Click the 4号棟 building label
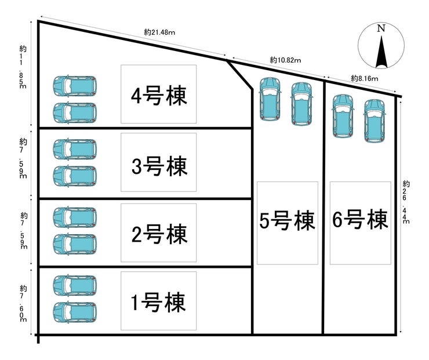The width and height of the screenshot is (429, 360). click(158, 95)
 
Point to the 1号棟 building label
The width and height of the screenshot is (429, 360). click(158, 303)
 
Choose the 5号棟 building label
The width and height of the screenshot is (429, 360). click(287, 221)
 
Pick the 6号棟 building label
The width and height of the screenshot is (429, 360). click(360, 220)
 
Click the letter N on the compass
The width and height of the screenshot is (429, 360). click(380, 28)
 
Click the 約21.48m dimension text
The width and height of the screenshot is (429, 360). click(160, 32)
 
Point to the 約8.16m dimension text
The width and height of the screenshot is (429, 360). click(364, 78)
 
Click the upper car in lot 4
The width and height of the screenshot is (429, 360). click(75, 86)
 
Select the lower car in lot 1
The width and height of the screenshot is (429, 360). click(75, 311)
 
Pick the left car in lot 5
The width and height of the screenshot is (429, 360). click(270, 99)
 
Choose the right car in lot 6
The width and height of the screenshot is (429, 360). click(374, 119)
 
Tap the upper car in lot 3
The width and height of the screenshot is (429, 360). click(75, 148)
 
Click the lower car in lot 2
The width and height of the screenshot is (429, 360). click(75, 244)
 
